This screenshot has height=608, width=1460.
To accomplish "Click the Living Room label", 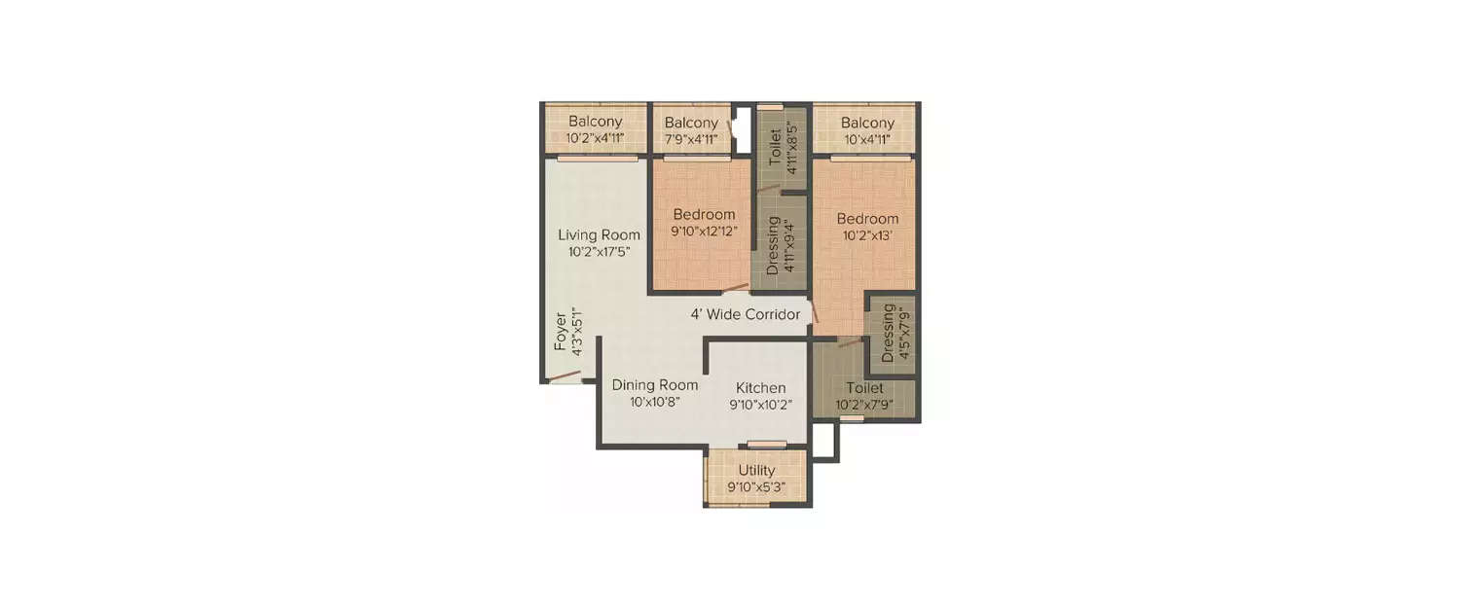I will tap(599, 234).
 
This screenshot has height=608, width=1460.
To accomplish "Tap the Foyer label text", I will tap(561, 332).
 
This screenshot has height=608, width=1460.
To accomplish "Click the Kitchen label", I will tap(760, 388).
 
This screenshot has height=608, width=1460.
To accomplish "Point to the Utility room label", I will tap(756, 470).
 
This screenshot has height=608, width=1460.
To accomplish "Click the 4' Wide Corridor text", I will tap(745, 314).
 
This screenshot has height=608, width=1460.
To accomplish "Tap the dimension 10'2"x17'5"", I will tap(599, 252).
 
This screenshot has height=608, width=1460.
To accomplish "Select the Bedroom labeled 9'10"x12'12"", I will tap(704, 214).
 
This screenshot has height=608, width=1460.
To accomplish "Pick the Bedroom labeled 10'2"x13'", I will tap(868, 219).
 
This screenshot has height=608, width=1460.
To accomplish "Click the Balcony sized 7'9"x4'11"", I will tap(691, 124).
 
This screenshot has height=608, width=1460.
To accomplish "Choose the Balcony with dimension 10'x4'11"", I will tap(867, 124).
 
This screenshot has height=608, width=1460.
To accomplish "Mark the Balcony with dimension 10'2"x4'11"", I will tap(595, 122).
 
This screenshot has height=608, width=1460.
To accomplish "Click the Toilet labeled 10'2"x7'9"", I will tap(864, 388).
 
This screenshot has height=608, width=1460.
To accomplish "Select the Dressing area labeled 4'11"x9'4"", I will tap(774, 246).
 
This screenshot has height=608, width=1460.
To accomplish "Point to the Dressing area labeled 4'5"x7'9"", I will tap(888, 333).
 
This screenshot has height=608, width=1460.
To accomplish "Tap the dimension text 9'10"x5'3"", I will tap(756, 486).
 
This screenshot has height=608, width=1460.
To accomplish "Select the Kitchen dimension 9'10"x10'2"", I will tap(760, 405).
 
